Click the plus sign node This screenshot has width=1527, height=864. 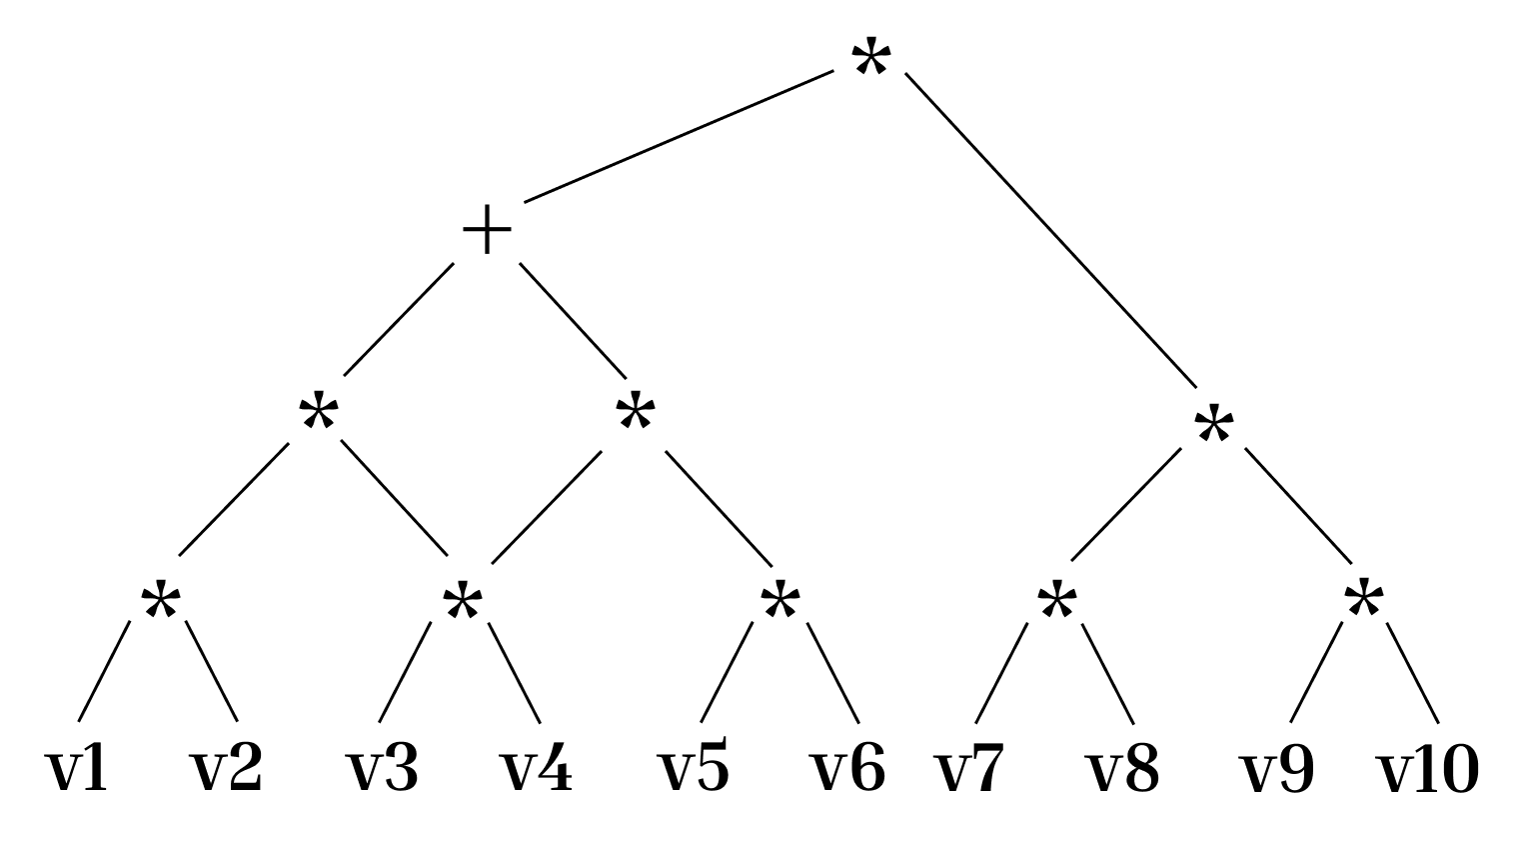click(x=487, y=231)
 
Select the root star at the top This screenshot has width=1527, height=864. click(x=869, y=60)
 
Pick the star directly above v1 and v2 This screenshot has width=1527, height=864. click(x=160, y=601)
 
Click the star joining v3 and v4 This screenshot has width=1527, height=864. click(x=462, y=601)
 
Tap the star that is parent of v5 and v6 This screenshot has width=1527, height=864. click(x=779, y=601)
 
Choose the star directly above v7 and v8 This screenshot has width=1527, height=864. click(x=1056, y=601)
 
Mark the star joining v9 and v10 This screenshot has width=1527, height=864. click(x=1363, y=601)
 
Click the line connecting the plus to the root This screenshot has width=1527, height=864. click(x=679, y=136)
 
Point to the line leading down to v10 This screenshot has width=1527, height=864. click(x=1413, y=672)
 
